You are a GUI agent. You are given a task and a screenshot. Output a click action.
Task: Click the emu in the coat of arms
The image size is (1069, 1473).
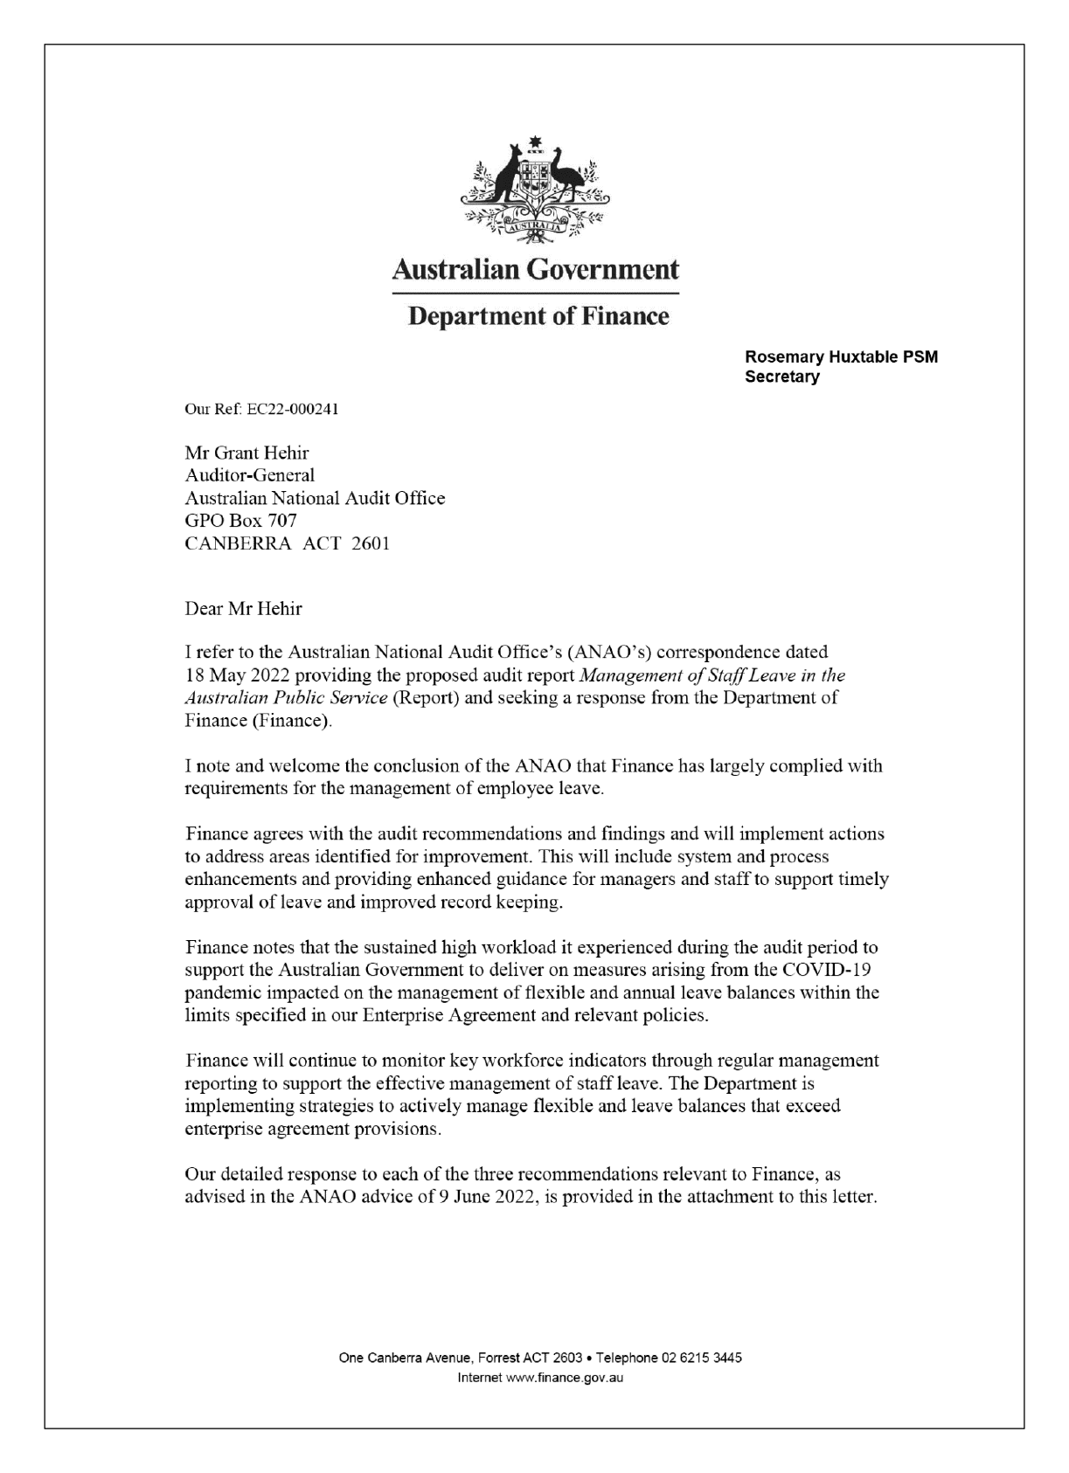click(566, 175)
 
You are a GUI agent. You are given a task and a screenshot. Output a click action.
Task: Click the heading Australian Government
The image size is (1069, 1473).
click(535, 269)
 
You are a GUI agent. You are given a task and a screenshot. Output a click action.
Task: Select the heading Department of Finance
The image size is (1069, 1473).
click(538, 315)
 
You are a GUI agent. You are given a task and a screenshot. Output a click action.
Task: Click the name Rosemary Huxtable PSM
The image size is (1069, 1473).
click(841, 357)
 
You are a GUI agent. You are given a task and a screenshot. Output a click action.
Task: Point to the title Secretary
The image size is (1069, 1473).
click(781, 377)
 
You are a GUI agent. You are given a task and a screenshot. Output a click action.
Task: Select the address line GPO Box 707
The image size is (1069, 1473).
click(240, 521)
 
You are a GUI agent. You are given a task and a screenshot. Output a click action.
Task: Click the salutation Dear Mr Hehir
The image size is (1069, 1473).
click(243, 608)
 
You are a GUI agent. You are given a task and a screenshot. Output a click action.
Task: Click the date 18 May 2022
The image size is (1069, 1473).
click(239, 675)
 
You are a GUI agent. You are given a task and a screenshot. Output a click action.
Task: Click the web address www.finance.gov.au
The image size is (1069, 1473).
click(565, 1378)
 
